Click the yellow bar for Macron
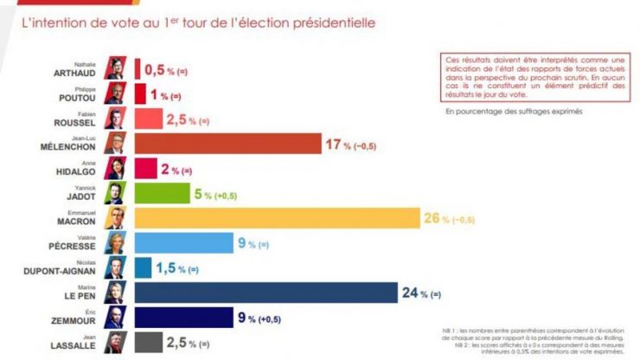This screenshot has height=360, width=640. tap(276, 218)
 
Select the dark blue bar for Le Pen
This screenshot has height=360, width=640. tap(266, 293)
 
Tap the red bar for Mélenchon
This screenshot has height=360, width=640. tap(227, 144)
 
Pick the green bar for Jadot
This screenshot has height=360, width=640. tap(162, 193)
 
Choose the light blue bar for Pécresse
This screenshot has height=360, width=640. tap(182, 243)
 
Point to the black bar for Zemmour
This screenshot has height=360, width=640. tap(182, 318)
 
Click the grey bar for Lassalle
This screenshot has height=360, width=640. tap(147, 344)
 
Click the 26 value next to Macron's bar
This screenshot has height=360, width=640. tap(432, 218)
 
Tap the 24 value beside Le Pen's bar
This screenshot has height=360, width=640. tap(410, 293)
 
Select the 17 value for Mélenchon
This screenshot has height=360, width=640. tap(330, 144)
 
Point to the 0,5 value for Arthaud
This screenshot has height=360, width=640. tap(155, 67)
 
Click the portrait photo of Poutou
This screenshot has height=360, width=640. tap(114, 93)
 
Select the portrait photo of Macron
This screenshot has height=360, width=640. tap(114, 218)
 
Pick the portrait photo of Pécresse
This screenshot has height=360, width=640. tap(114, 243)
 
